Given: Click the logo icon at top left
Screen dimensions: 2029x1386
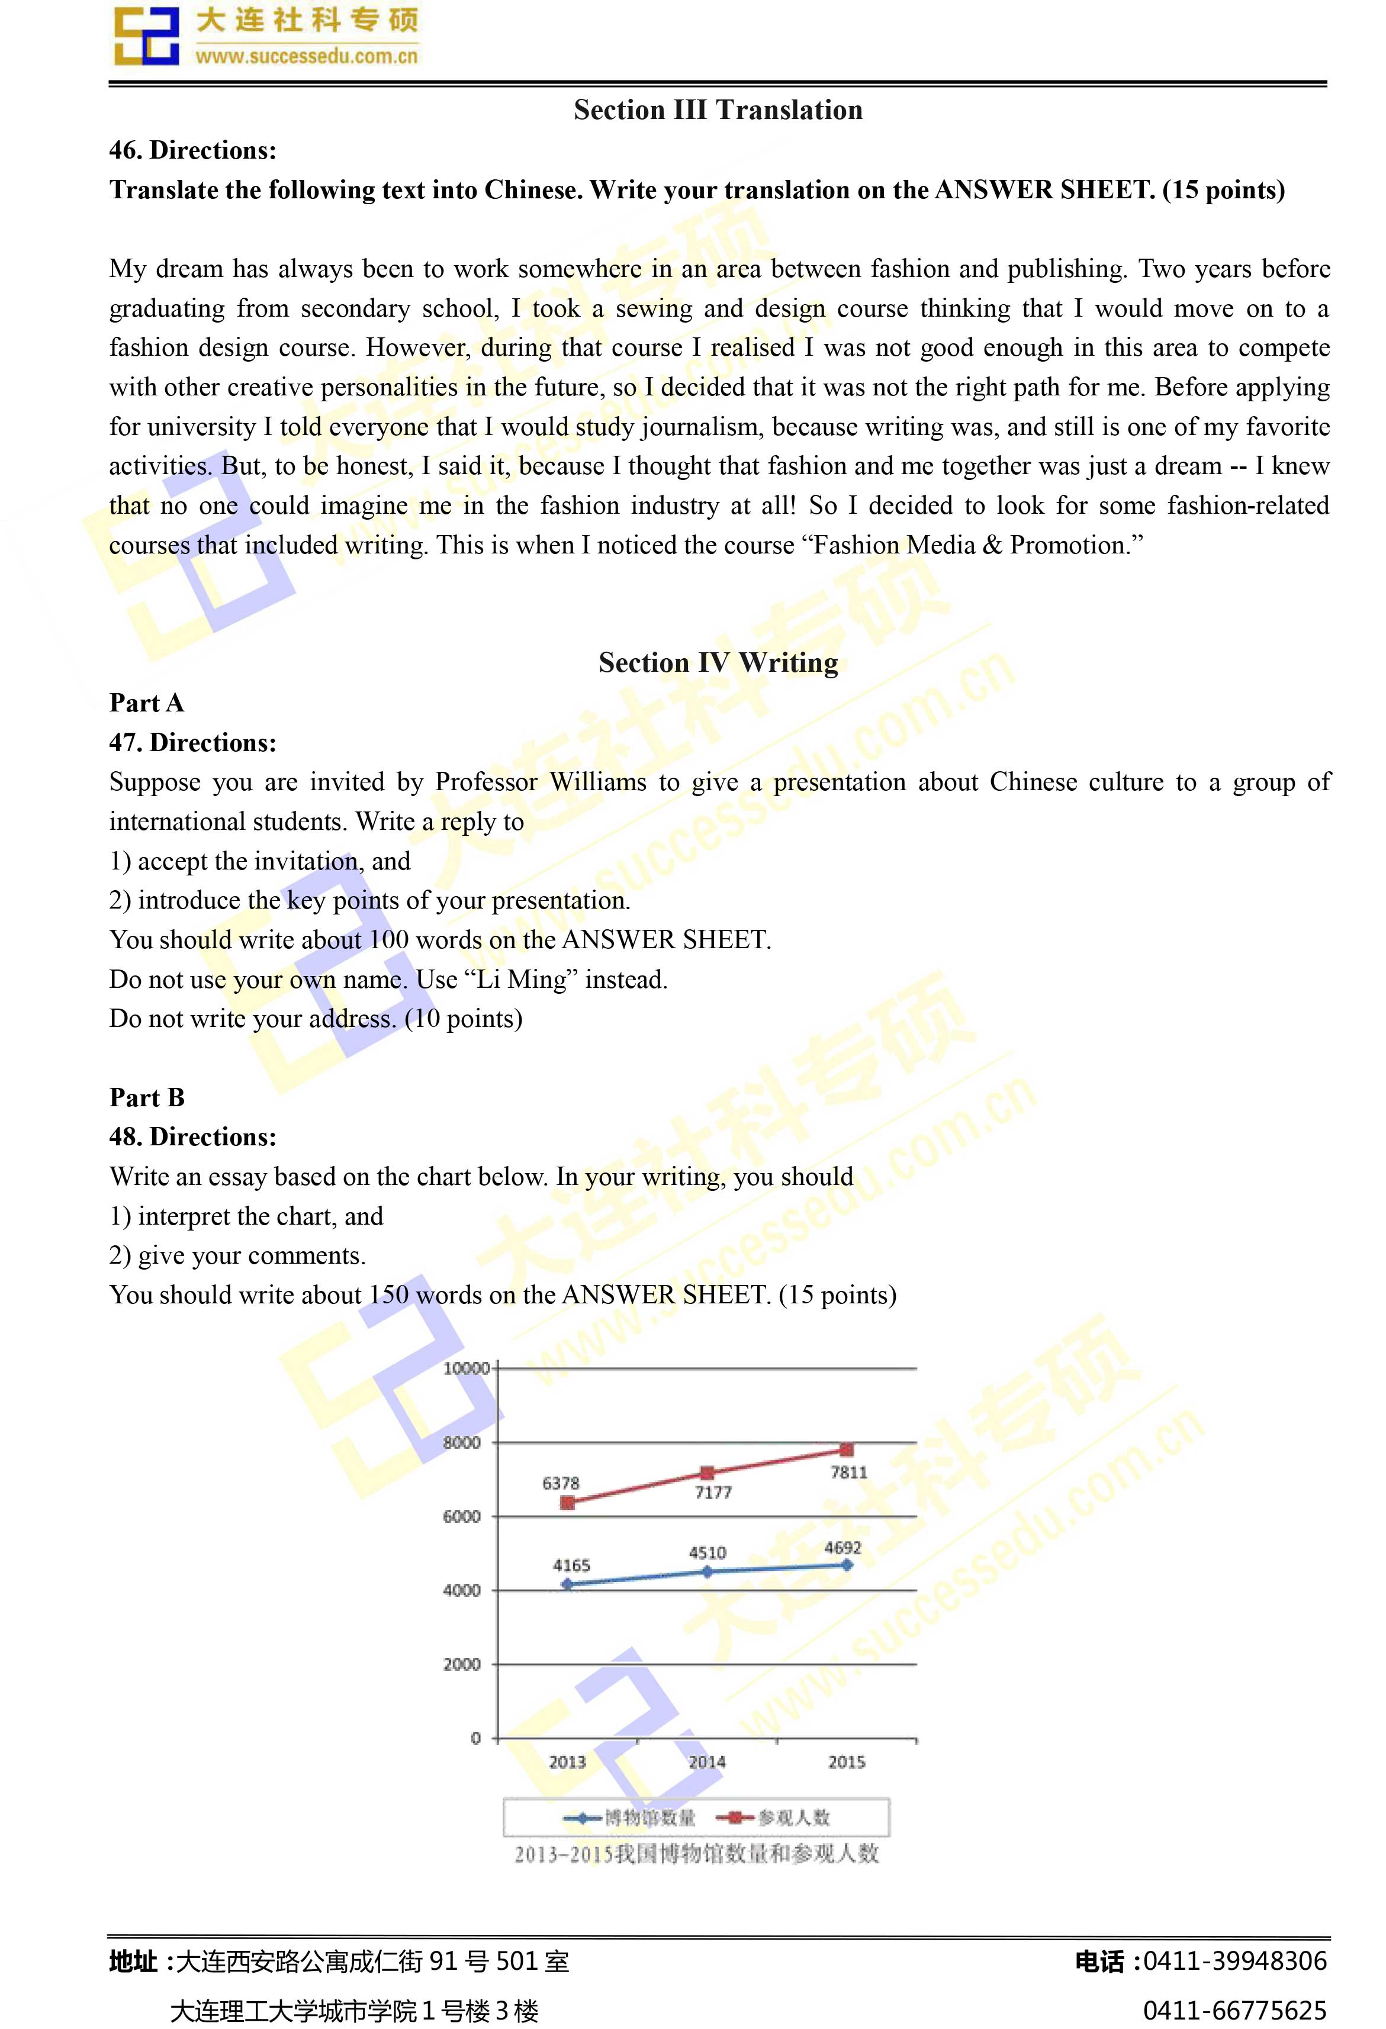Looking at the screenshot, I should [146, 37].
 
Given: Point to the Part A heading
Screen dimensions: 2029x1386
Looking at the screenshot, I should [147, 703].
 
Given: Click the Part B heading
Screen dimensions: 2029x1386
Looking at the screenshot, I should [147, 1097].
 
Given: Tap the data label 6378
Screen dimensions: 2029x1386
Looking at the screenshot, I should [561, 1483].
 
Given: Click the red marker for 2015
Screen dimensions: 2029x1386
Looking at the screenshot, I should [846, 1450].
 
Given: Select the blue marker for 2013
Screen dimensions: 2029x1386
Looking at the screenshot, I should [568, 1584].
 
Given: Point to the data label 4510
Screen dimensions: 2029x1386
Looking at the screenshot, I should [708, 1553].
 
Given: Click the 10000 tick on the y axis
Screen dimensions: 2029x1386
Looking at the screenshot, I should [465, 1368].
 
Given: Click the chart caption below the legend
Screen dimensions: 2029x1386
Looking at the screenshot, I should [696, 1854].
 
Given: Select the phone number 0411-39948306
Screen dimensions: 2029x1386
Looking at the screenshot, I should [1234, 1962].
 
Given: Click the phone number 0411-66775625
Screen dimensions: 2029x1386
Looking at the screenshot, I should [1234, 2011].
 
